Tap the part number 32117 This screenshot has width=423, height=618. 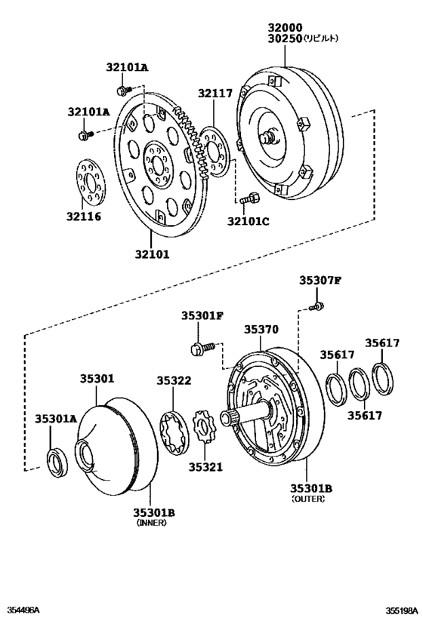click(216, 94)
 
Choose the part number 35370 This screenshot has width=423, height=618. click(261, 329)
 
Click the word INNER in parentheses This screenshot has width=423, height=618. click(150, 522)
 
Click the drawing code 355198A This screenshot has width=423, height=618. click(400, 609)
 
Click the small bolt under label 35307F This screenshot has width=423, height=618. click(318, 306)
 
